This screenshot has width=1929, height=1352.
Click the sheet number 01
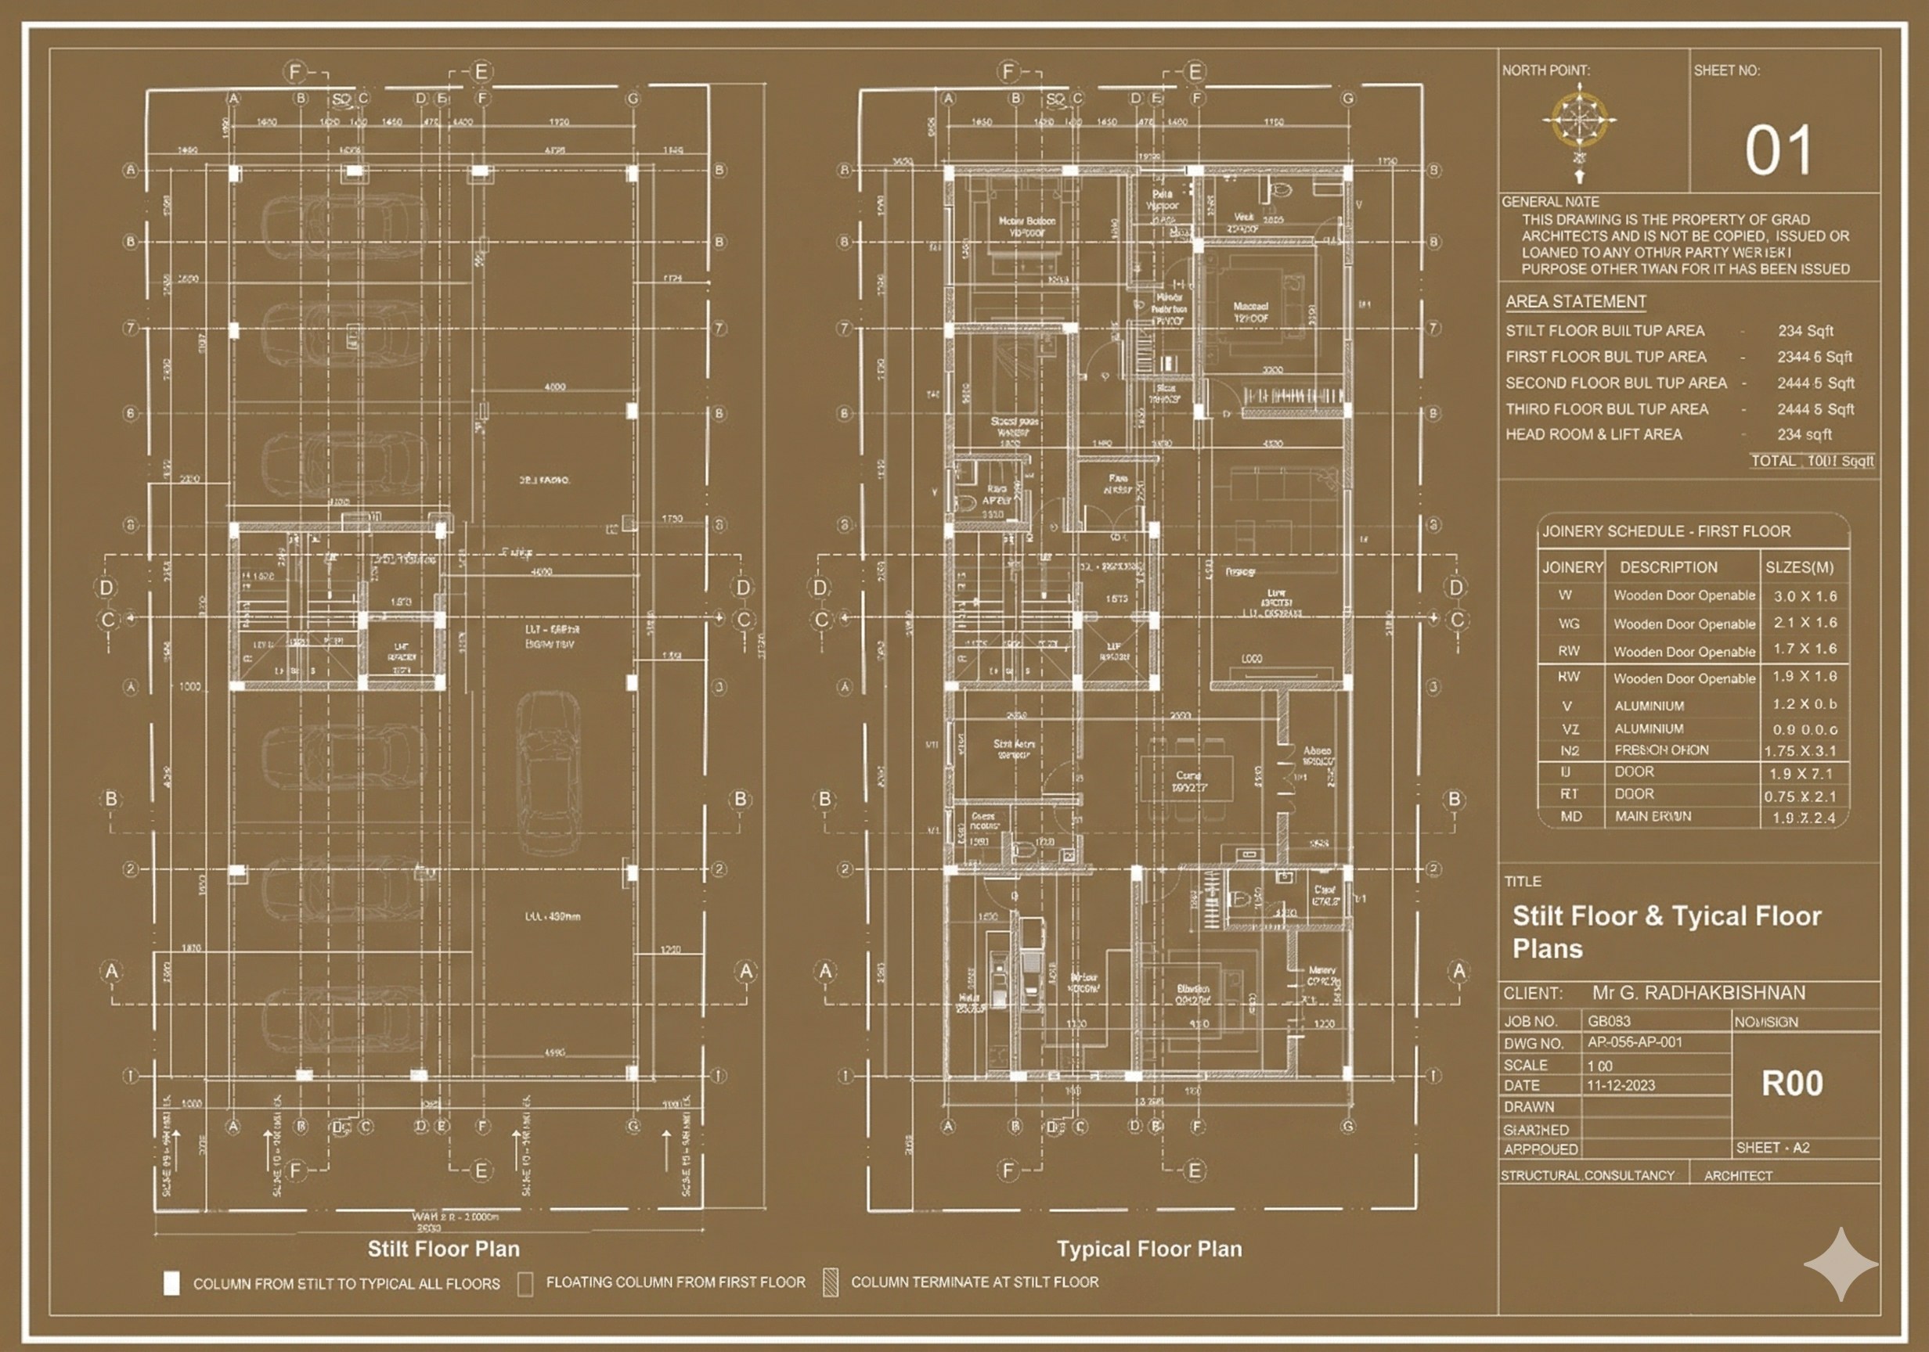[1778, 151]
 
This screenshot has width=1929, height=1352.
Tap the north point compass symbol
[1580, 122]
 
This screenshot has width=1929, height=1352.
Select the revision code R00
[1792, 1084]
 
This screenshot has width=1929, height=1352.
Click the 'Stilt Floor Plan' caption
[444, 1249]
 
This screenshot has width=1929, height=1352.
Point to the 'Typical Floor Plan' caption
[1149, 1249]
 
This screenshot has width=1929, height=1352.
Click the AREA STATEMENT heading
[1575, 301]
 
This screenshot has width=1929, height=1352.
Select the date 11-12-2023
[1621, 1085]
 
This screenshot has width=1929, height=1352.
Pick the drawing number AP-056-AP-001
[1634, 1042]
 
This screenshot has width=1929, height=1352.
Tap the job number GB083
[1608, 1021]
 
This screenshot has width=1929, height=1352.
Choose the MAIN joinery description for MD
[1653, 816]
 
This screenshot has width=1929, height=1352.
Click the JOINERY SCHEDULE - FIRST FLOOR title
[1666, 531]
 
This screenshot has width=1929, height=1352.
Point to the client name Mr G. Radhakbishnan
[1699, 993]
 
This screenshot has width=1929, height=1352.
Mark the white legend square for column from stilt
[171, 1283]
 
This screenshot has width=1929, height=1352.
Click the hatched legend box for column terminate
[831, 1282]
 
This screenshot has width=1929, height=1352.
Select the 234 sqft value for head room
[1804, 434]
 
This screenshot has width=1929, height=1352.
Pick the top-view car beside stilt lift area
[548, 772]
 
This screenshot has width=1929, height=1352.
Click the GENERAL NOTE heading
[1550, 202]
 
